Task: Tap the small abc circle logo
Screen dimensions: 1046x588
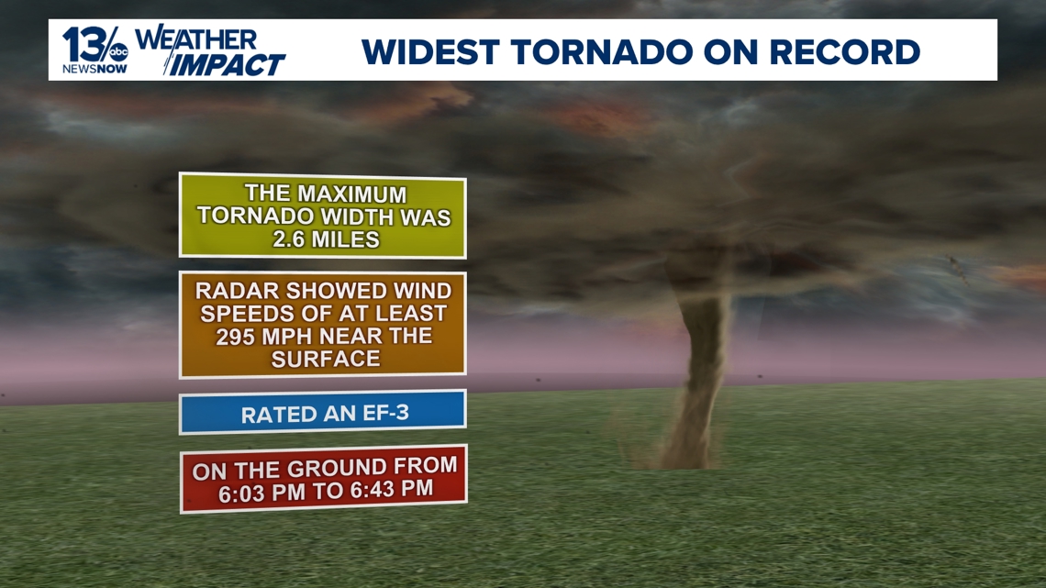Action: pyautogui.click(x=118, y=51)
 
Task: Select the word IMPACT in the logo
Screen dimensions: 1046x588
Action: pyautogui.click(x=226, y=64)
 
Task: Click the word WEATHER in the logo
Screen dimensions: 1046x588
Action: pyautogui.click(x=195, y=39)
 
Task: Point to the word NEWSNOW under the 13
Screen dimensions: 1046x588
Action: pyautogui.click(x=95, y=69)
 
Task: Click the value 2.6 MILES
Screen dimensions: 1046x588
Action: pyautogui.click(x=327, y=239)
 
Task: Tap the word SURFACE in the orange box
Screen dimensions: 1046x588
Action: pyautogui.click(x=326, y=360)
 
